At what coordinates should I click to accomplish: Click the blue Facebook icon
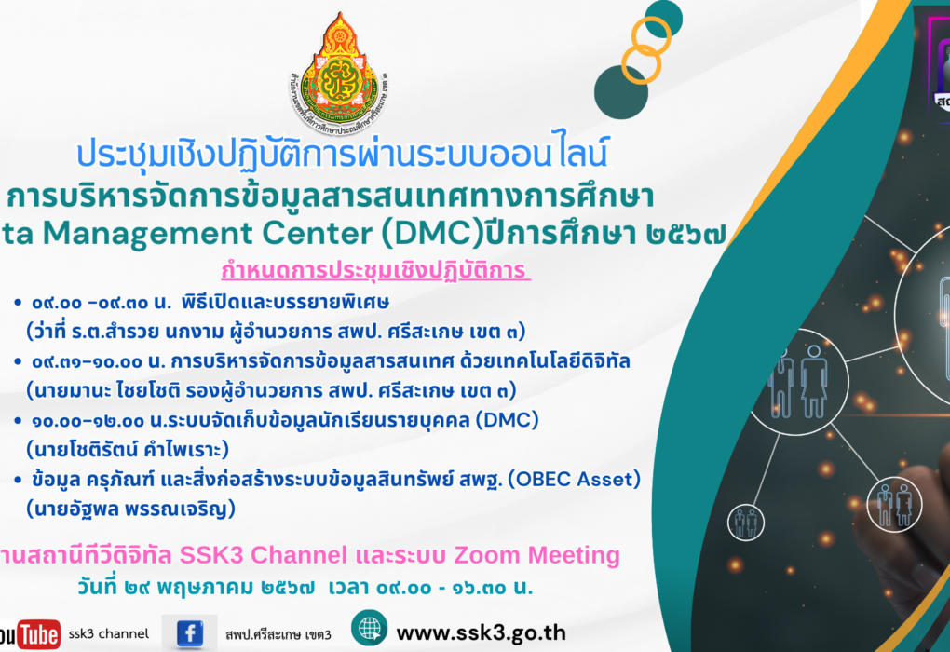pyautogui.click(x=190, y=633)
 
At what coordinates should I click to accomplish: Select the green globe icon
pyautogui.click(x=369, y=629)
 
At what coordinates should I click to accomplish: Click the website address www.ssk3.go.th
pyautogui.click(x=481, y=632)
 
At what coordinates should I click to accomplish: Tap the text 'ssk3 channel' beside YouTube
pyautogui.click(x=110, y=634)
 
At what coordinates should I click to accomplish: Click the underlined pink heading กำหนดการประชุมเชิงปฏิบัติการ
pyautogui.click(x=374, y=271)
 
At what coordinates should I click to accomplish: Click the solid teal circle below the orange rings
pyautogui.click(x=621, y=90)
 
